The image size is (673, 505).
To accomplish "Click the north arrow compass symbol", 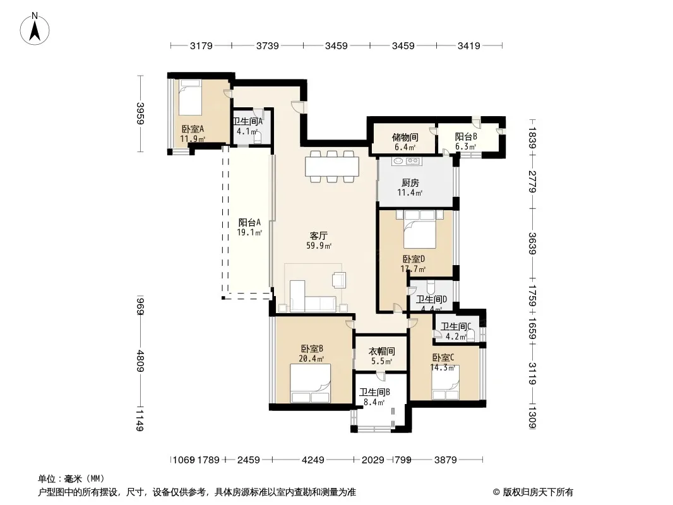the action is click(35, 29).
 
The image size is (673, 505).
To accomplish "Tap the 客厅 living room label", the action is click(318, 235).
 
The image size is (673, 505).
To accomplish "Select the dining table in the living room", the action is click(332, 167).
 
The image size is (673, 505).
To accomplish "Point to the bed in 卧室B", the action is click(311, 383).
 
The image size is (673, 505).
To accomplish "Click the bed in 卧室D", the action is click(420, 229).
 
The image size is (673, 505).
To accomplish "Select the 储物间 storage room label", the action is click(405, 138).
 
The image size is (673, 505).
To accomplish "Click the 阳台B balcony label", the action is click(466, 136).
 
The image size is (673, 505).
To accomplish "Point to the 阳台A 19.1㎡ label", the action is click(249, 227).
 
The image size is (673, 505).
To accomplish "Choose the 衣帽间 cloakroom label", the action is click(381, 352).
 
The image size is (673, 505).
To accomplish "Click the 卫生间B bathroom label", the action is click(374, 392).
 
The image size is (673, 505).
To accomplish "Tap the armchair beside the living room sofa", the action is click(338, 280).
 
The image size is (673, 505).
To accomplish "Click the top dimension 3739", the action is click(268, 45).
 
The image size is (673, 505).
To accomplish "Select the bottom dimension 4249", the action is click(313, 460).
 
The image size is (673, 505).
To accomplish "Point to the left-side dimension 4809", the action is click(141, 361).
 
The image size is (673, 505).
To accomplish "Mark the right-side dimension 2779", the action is click(532, 181).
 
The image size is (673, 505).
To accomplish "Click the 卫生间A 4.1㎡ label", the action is click(247, 127).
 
